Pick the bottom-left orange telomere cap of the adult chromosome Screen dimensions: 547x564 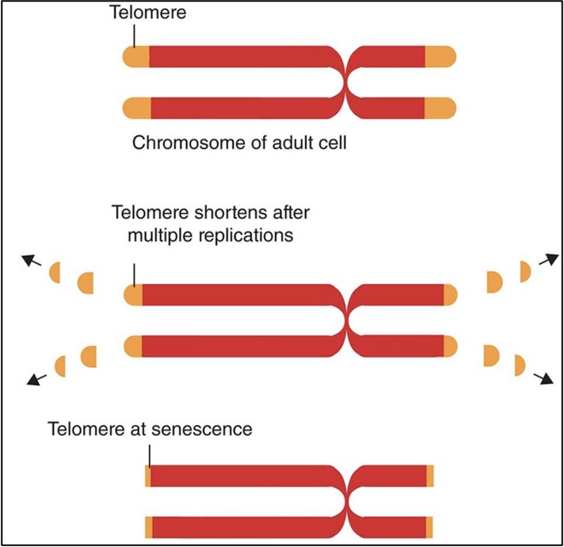tap(136, 107)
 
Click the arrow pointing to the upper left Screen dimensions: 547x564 tap(32, 262)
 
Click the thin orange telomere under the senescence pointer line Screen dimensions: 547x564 tap(148, 476)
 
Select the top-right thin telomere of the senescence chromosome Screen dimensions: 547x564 tap(430, 476)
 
